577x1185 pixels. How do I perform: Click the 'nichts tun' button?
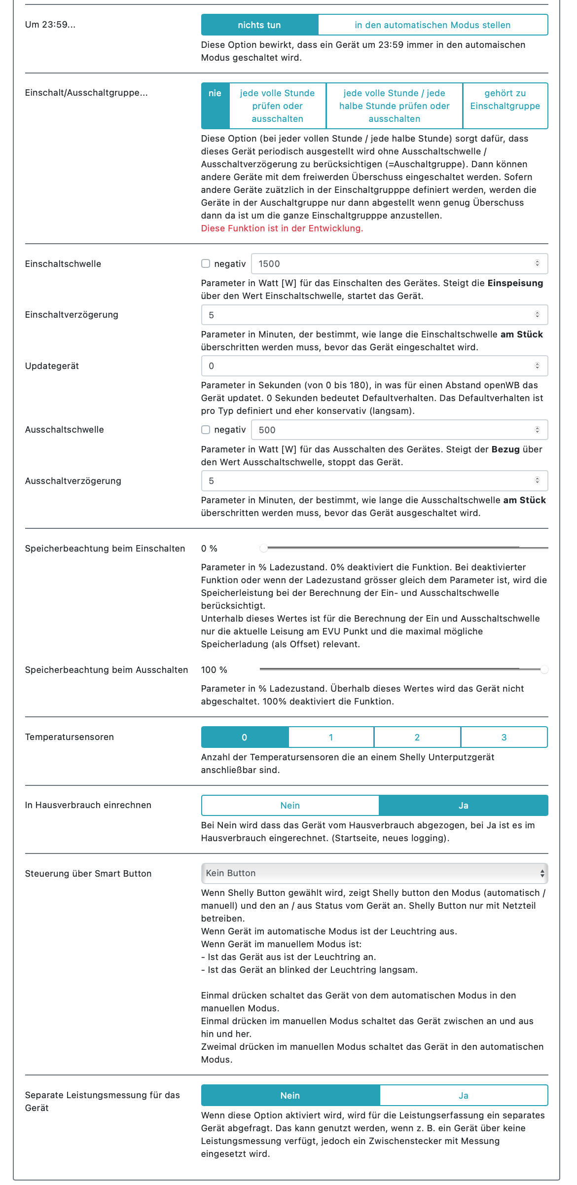coord(259,25)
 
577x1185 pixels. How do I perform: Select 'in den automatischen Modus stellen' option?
coord(433,25)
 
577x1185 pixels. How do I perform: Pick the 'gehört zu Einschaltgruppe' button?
coord(505,106)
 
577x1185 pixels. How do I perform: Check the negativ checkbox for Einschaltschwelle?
coord(206,264)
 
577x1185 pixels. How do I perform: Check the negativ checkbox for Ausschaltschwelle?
coord(206,430)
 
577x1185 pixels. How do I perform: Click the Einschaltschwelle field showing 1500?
coord(395,264)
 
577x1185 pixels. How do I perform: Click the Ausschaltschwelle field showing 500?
coord(395,430)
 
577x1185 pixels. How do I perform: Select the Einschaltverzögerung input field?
coord(370,315)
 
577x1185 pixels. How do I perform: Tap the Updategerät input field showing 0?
coord(370,366)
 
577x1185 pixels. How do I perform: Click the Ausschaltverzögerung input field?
coord(370,481)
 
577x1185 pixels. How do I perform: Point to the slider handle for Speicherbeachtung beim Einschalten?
coord(264,548)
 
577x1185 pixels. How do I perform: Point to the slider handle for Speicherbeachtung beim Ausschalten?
coord(544,669)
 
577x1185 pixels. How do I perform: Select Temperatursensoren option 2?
coord(417,738)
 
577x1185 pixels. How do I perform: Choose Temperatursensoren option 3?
coord(504,738)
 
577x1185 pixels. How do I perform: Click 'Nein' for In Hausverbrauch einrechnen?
coord(290,806)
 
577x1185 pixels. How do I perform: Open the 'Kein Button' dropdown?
coord(374,873)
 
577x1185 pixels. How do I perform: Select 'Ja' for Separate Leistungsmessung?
coord(464,1096)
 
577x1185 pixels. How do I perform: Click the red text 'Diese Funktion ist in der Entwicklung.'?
coord(282,228)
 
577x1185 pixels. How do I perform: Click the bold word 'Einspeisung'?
coord(515,283)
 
